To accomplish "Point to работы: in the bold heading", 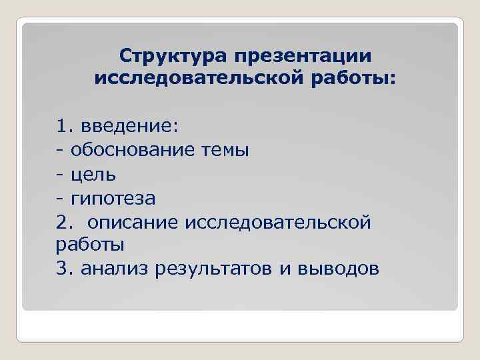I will click(x=362, y=79).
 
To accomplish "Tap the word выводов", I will click(x=341, y=269).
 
